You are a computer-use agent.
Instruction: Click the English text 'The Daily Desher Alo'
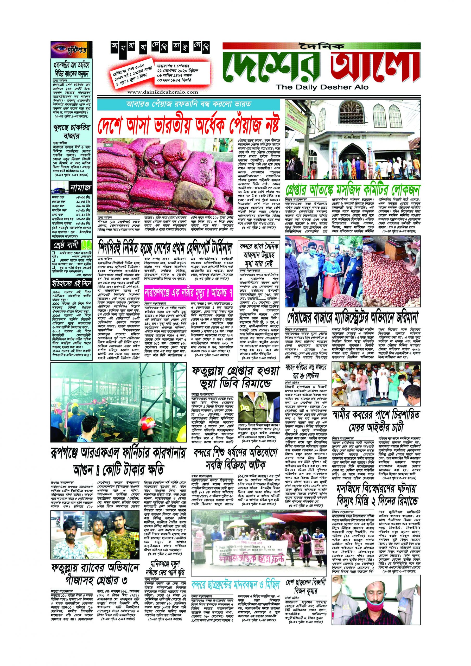click(x=322, y=87)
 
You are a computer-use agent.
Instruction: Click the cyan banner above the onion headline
click(x=188, y=104)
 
